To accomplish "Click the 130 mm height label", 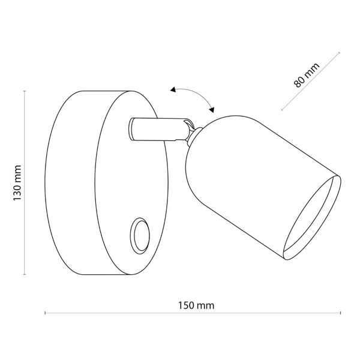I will pos(17,182).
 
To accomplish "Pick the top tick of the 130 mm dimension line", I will pos(24,91).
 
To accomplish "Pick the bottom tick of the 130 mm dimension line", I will pos(24,274).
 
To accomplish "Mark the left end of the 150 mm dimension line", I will pos(46,313).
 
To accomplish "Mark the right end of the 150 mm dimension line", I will pos(341,313).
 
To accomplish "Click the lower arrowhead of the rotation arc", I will pos(212,109).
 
